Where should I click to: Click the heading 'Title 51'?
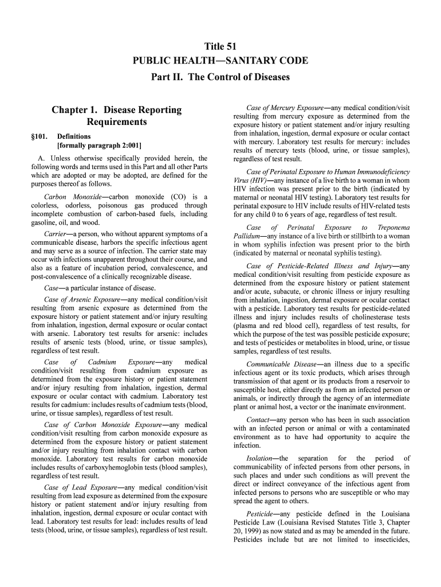[220, 46]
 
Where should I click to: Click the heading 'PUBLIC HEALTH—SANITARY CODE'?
[220, 61]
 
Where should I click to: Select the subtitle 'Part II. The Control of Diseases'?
[220, 76]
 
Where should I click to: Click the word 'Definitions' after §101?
[74, 136]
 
